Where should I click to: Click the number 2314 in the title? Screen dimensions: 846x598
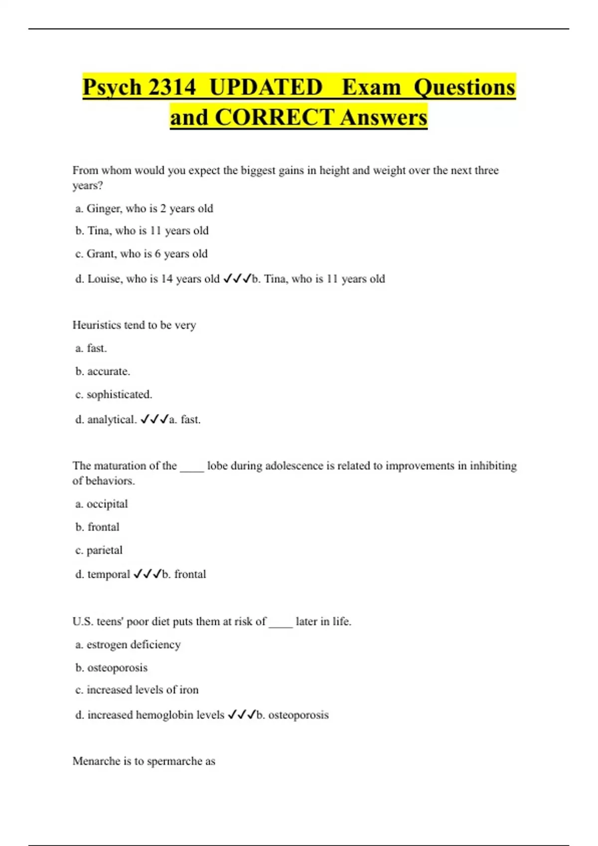[172, 87]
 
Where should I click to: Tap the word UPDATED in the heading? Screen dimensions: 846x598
[266, 87]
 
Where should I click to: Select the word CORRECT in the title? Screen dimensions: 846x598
[274, 117]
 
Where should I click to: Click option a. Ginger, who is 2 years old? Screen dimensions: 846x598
[144, 209]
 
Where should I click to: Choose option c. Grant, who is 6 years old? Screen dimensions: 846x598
[142, 254]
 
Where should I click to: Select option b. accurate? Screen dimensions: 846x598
[103, 371]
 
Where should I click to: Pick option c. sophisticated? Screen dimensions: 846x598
[114, 395]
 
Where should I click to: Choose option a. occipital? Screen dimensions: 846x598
[102, 504]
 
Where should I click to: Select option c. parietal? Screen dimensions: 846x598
[99, 550]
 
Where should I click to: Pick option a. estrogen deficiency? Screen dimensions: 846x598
[128, 644]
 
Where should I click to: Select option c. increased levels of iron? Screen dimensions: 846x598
[137, 690]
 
